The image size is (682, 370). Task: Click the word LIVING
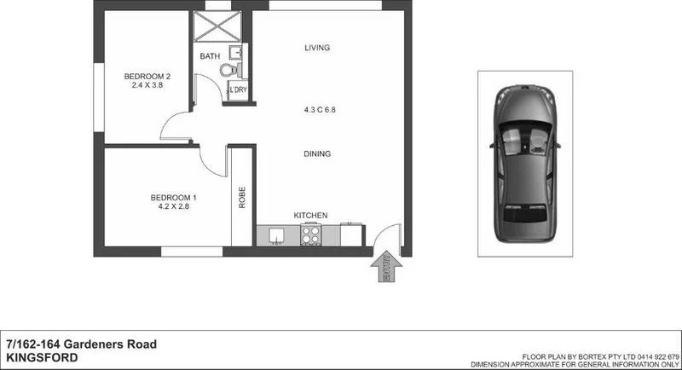click(x=317, y=48)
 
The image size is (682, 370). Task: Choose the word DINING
click(x=317, y=154)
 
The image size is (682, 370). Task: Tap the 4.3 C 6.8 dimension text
click(x=317, y=110)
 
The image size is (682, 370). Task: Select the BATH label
click(x=209, y=57)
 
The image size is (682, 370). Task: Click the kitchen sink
click(x=275, y=234)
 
